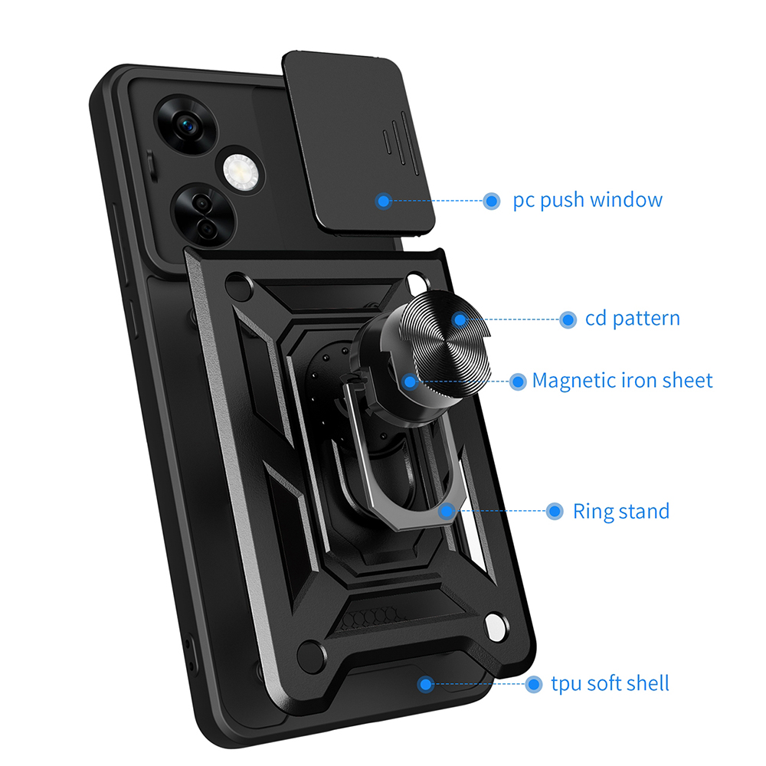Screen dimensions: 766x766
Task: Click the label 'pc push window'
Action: [588, 201]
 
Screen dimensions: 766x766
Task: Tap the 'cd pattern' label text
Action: [632, 319]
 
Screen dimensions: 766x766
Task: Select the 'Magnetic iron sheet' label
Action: [622, 381]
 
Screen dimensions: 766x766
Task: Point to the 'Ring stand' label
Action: [620, 511]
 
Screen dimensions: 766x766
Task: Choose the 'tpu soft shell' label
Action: [610, 683]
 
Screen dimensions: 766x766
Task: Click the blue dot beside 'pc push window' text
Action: [491, 201]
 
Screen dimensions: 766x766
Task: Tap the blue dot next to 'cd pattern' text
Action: [568, 319]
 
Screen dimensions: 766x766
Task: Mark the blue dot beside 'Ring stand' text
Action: [555, 512]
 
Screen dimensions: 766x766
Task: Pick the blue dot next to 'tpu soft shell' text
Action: [534, 684]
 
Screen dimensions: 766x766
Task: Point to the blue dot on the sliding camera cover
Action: [384, 201]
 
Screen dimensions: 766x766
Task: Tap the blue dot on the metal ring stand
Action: [444, 511]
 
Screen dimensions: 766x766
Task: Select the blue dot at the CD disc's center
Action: [459, 319]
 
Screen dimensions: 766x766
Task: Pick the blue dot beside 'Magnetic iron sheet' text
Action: [519, 381]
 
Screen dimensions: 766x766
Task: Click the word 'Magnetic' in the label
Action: [571, 381]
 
